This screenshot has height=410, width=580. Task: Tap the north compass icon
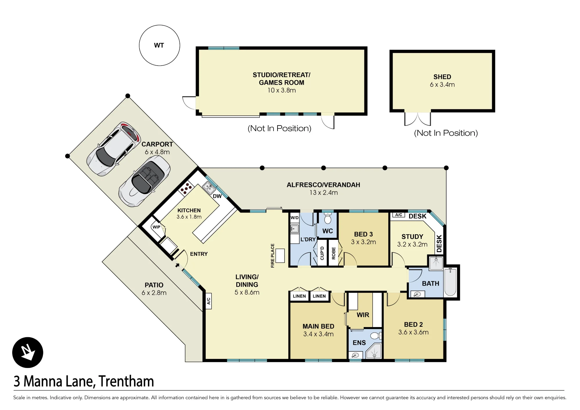(x=28, y=353)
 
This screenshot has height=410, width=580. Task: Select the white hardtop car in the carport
(x=114, y=149)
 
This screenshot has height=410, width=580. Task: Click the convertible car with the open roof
(x=144, y=181)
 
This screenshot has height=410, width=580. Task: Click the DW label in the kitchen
(x=217, y=196)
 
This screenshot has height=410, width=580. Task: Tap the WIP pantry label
(x=156, y=227)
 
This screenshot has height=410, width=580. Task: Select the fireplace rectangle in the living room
(x=280, y=256)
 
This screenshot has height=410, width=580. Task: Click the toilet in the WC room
(x=328, y=218)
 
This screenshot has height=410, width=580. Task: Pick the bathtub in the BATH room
(x=450, y=282)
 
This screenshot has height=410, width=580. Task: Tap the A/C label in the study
(x=399, y=215)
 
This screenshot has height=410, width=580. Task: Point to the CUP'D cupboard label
(x=322, y=253)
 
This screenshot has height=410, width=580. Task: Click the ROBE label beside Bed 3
(x=333, y=253)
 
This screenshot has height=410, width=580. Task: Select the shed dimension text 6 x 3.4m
(x=442, y=85)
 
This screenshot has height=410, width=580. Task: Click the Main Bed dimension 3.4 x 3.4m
(x=318, y=334)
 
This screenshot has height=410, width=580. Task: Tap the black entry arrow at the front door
(x=177, y=265)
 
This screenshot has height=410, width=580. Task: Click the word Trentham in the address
(x=126, y=381)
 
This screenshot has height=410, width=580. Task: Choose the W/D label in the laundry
(x=295, y=218)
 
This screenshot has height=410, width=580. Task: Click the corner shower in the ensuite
(x=374, y=351)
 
